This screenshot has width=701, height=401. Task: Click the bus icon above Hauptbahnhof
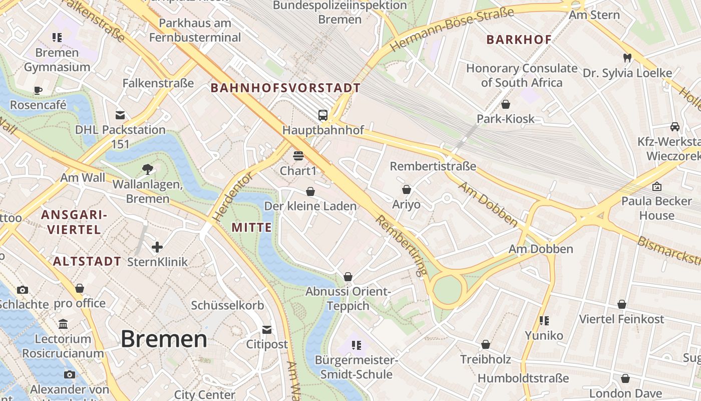pos(323,115)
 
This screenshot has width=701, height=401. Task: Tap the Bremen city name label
pos(164,339)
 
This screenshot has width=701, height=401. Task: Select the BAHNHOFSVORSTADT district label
pos(285,88)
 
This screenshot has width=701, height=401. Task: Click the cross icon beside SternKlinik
pos(157,247)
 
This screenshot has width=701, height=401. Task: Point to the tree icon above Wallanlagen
pos(148,169)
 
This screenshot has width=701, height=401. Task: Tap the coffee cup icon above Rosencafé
pos(38,90)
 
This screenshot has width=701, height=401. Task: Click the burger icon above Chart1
pos(298,156)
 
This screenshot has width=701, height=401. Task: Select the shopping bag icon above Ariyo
pos(406,189)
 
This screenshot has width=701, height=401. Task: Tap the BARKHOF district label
pos(519,40)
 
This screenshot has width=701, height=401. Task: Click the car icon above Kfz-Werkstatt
pos(674,126)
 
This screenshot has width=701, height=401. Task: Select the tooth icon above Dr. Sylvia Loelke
pos(627,58)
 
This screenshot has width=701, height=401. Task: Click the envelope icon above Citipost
pos(267,329)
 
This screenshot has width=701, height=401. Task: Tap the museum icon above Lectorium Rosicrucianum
pos(63,324)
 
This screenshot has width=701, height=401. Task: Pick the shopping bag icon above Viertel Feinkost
pos(621,304)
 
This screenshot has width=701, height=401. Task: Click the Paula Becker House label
pos(656,208)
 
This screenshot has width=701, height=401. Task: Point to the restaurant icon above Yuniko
pos(544,320)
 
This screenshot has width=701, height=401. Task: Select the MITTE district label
pos(251,228)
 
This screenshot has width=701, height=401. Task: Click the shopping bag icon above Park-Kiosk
pos(506,104)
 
